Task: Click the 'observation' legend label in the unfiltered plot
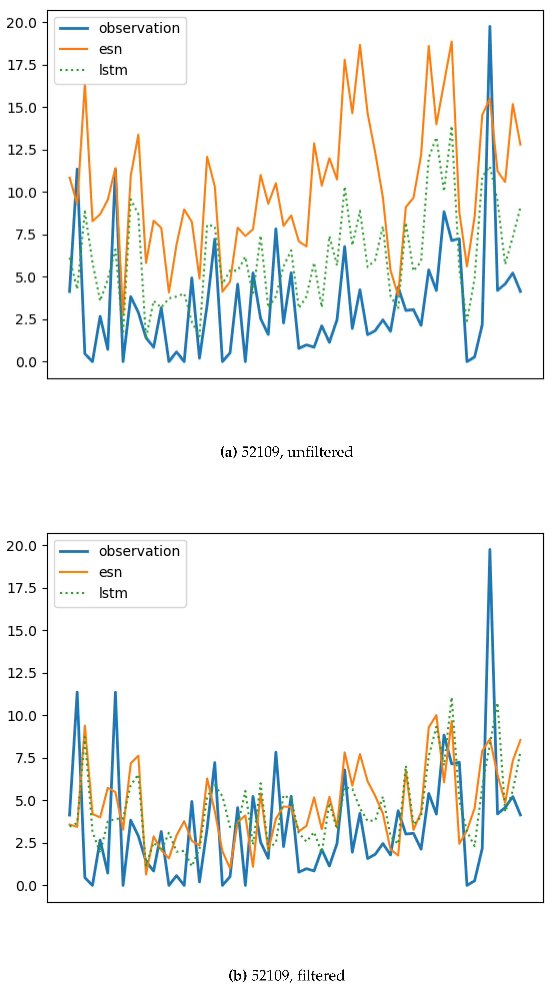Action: [x=139, y=28]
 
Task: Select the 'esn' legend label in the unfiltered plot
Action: [x=111, y=49]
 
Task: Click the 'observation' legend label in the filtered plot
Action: [x=139, y=551]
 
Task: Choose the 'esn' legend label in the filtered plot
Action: [x=111, y=572]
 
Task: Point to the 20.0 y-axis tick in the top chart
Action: [x=22, y=23]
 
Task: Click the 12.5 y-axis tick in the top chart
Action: [x=22, y=150]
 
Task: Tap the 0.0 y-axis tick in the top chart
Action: [x=26, y=362]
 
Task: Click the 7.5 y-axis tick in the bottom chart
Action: [x=26, y=758]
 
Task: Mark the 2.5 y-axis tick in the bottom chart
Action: [x=26, y=843]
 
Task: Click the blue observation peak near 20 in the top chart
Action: [x=489, y=27]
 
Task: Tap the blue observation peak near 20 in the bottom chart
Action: [x=489, y=550]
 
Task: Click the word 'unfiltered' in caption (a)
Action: [x=320, y=452]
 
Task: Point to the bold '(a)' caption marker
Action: [x=229, y=452]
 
